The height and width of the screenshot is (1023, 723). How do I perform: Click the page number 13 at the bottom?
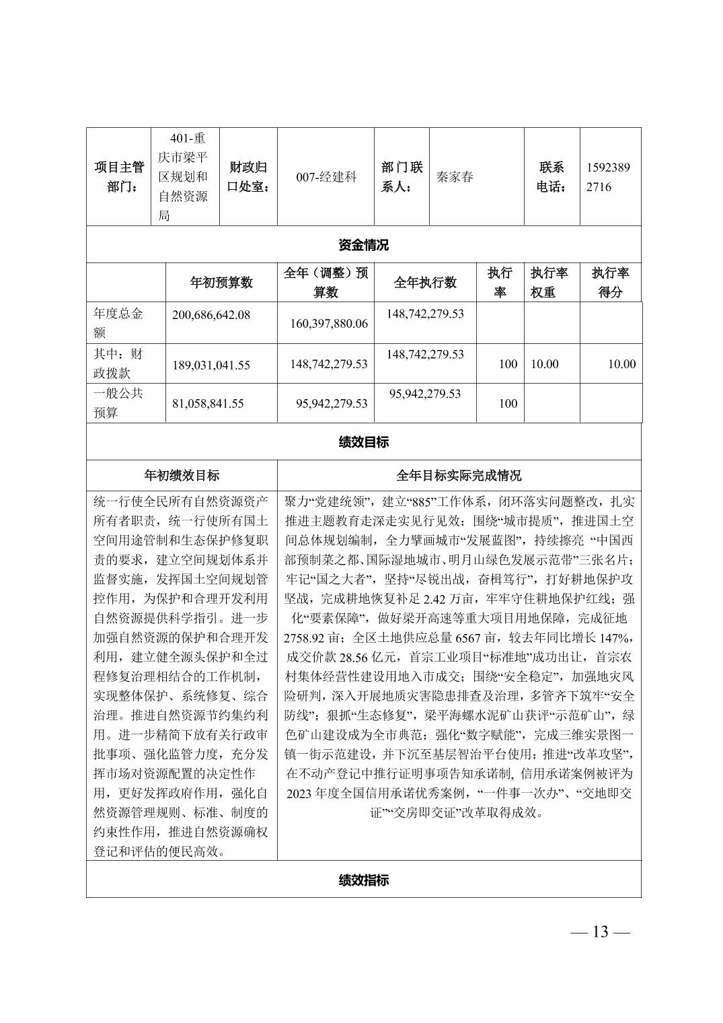(x=600, y=931)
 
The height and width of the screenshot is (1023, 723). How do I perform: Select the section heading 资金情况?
(x=363, y=245)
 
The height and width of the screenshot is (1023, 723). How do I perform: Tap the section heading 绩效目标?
(x=363, y=442)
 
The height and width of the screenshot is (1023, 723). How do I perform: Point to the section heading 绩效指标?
(x=363, y=880)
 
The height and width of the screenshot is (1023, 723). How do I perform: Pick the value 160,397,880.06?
(x=329, y=324)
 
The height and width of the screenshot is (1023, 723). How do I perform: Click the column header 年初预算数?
(x=221, y=283)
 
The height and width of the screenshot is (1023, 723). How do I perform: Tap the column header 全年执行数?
(x=425, y=283)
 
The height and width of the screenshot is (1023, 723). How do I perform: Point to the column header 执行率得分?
(x=610, y=283)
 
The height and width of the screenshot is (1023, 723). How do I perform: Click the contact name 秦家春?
(x=455, y=177)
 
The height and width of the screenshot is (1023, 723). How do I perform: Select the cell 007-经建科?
(x=326, y=177)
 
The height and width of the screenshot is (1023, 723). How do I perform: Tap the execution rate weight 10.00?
(x=545, y=364)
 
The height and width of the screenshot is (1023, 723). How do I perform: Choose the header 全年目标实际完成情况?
(x=459, y=476)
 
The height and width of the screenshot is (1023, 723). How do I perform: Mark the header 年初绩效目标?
(x=182, y=476)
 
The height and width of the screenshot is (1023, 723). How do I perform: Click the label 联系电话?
(x=551, y=177)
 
